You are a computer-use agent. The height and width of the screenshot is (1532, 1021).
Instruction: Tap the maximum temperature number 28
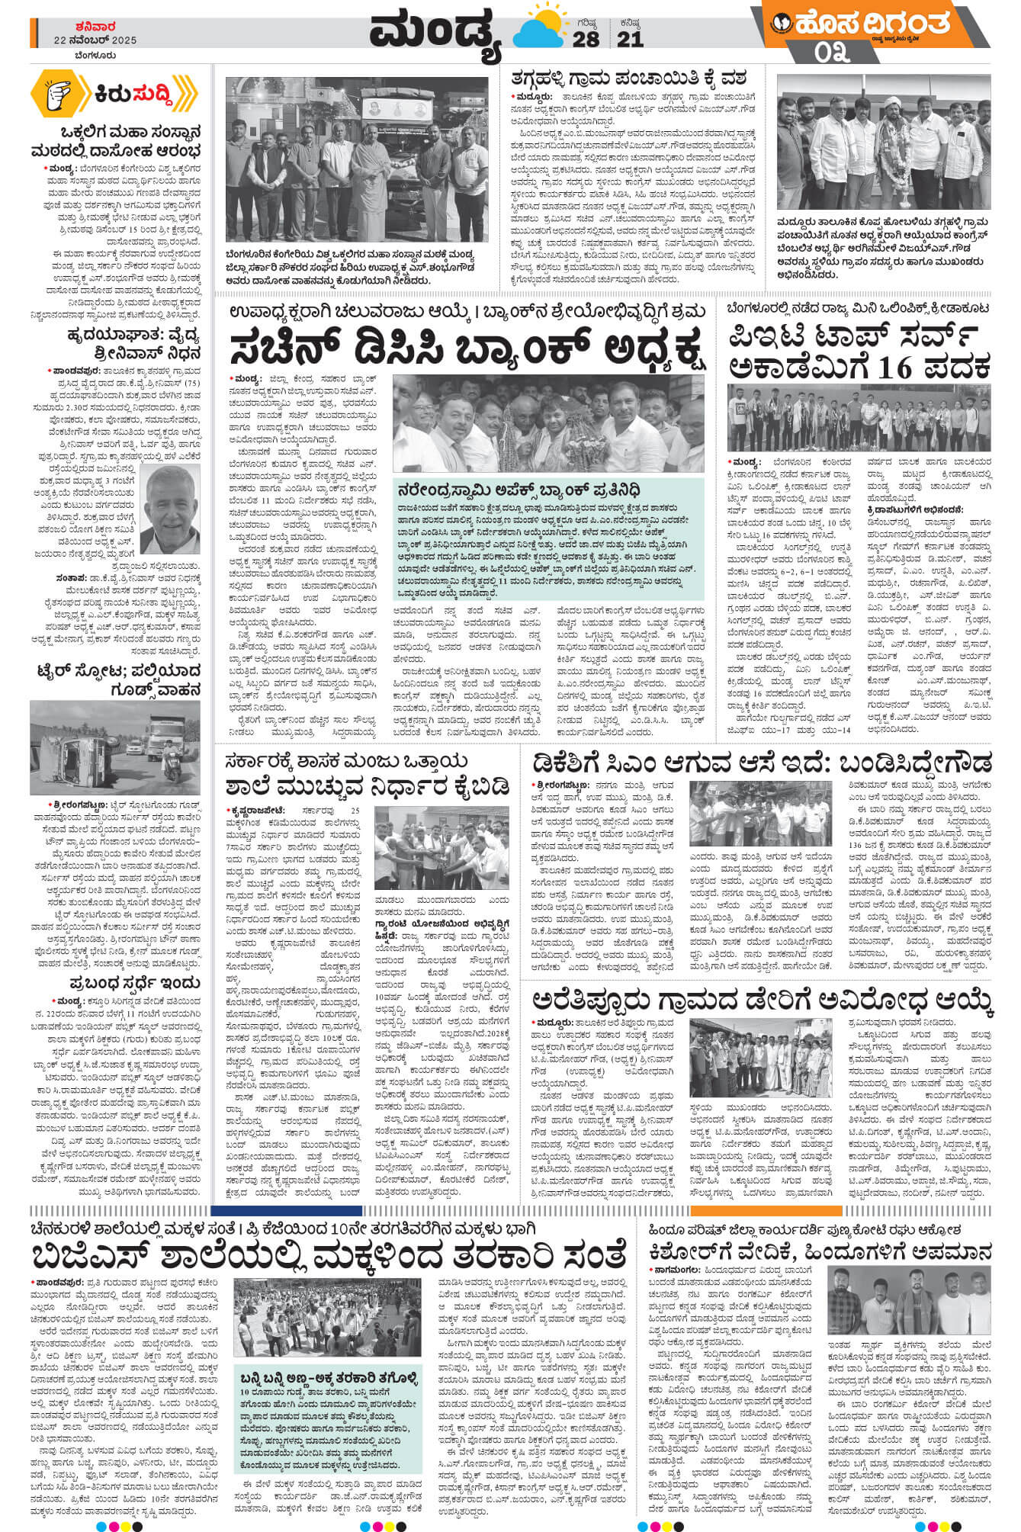586,40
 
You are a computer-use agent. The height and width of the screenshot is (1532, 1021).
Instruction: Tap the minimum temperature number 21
630,40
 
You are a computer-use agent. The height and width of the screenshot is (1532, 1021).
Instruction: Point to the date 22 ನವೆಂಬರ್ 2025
95,40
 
